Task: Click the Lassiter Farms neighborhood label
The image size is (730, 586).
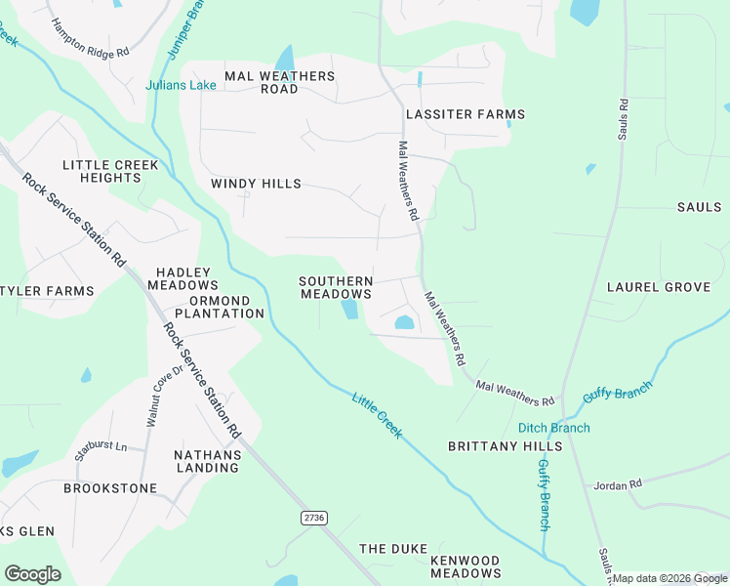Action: click(x=466, y=114)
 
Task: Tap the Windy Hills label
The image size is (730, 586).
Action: click(x=256, y=184)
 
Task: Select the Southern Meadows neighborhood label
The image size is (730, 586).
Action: click(x=336, y=287)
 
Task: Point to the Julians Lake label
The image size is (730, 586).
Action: click(x=181, y=85)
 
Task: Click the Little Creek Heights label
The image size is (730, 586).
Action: click(x=110, y=171)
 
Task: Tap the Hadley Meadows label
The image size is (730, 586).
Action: click(x=183, y=278)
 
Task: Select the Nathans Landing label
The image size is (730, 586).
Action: click(x=207, y=461)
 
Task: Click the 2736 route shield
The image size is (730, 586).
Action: click(x=313, y=517)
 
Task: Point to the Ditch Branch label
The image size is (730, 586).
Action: click(x=553, y=428)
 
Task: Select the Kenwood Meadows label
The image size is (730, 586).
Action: click(x=466, y=566)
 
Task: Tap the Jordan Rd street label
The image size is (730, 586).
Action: click(x=618, y=484)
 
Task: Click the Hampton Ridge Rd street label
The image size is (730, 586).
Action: click(x=89, y=38)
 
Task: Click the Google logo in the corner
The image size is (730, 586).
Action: click(x=32, y=574)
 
